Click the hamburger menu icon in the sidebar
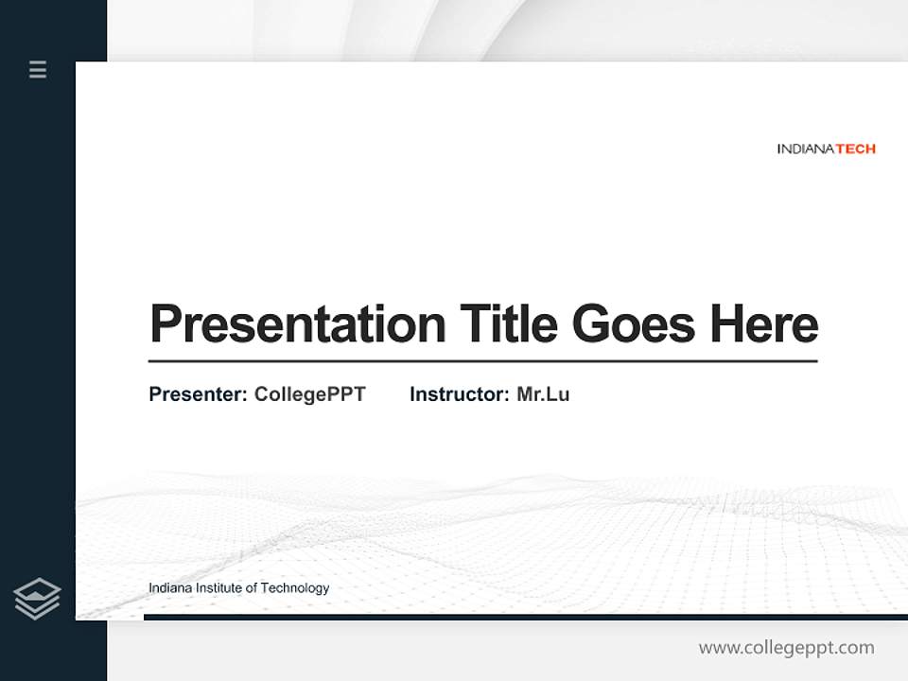click(38, 69)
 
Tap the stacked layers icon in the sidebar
click(37, 599)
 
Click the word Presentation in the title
click(297, 324)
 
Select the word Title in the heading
click(508, 323)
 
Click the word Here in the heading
click(763, 323)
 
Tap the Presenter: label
click(198, 394)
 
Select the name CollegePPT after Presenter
click(309, 394)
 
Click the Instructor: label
click(459, 394)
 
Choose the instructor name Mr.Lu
click(543, 394)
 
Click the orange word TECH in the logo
click(855, 148)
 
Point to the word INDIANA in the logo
click(805, 148)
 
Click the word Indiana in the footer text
click(170, 588)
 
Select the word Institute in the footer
click(218, 588)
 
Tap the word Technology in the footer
click(295, 588)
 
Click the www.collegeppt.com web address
click(786, 648)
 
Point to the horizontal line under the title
click(482, 360)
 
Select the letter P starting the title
click(166, 324)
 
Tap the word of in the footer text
click(251, 588)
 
